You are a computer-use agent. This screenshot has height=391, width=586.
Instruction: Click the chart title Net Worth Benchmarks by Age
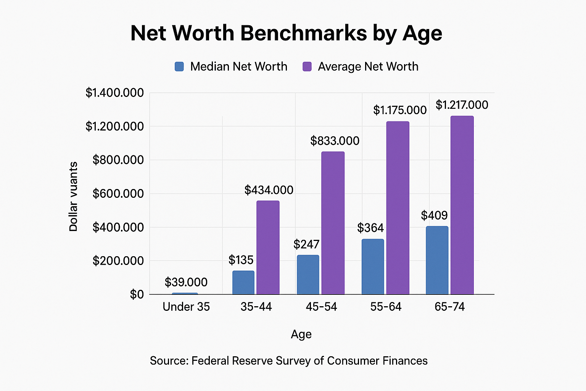(x=286, y=33)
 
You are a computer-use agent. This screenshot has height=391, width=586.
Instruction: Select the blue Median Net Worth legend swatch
(x=179, y=66)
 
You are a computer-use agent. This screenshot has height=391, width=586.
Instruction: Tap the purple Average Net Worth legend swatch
(x=307, y=66)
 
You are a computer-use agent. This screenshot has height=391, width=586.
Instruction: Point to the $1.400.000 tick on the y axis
(x=114, y=93)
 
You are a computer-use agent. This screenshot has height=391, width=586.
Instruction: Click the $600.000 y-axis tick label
(x=118, y=194)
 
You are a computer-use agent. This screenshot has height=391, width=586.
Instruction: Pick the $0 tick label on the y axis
(x=137, y=294)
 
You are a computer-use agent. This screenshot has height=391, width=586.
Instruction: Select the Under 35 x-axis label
(x=186, y=307)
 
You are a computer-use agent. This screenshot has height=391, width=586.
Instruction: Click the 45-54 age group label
(x=321, y=307)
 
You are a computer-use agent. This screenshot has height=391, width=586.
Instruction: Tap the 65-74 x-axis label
(x=450, y=307)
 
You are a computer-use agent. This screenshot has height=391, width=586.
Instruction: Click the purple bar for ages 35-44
(x=268, y=247)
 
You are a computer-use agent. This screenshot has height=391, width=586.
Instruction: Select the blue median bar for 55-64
(x=373, y=267)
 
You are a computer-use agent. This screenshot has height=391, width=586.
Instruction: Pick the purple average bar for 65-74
(x=462, y=205)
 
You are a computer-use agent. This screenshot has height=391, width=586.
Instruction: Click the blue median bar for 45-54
(x=308, y=275)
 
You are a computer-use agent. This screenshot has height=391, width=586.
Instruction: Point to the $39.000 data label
(x=186, y=282)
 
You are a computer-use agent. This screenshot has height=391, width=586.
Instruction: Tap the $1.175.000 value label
(x=400, y=110)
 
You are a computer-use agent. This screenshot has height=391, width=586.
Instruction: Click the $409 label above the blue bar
(x=434, y=215)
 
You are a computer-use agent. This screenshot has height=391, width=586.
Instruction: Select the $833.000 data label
(x=335, y=141)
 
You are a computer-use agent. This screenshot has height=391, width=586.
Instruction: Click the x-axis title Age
(x=301, y=334)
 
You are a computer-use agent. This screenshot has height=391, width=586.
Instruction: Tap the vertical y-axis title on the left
(x=73, y=197)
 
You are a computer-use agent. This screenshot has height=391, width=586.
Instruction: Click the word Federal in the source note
(x=210, y=361)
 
